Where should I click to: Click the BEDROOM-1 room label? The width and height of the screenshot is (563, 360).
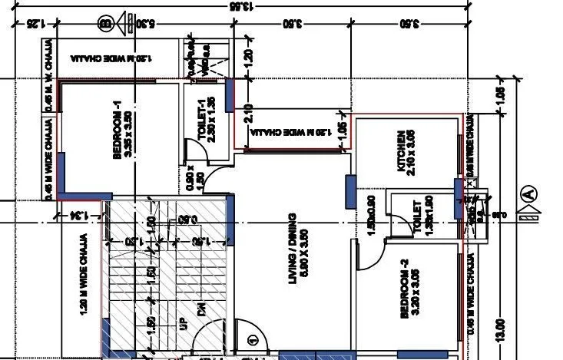(x=118, y=135)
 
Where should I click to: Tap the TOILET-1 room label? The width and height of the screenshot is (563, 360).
(x=201, y=120)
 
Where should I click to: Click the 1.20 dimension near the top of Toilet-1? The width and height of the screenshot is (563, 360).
(x=247, y=57)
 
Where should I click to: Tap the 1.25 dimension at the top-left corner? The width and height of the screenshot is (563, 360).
(x=31, y=24)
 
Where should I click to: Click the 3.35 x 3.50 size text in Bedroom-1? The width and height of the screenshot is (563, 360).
(x=128, y=135)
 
